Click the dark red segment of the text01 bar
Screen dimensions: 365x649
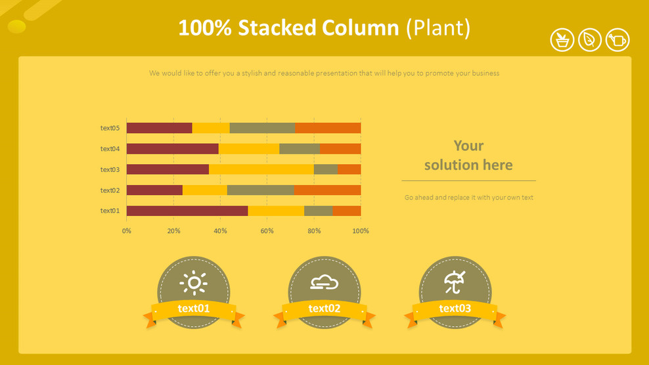coord(187,211)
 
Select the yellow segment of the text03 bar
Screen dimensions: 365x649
coord(261,169)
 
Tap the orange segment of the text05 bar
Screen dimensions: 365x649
coord(328,128)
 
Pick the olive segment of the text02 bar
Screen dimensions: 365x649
coord(260,190)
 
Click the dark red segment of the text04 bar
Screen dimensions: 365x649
coord(172,148)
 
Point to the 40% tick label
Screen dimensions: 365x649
coord(220,231)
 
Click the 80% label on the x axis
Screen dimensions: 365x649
coord(314,231)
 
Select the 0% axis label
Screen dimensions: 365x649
coord(127,231)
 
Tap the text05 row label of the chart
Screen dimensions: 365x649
coord(110,128)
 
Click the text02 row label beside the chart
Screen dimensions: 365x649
coord(110,190)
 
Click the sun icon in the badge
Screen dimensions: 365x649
coord(193,282)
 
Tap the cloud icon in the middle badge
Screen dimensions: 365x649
coord(324,282)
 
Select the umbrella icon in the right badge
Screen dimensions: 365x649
coord(455,282)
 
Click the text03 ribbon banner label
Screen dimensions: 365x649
coord(455,309)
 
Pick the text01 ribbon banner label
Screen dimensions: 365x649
coord(194,309)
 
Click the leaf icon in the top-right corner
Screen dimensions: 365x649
coord(590,40)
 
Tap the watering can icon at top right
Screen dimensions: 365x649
coord(617,40)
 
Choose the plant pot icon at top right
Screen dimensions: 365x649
coord(562,40)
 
